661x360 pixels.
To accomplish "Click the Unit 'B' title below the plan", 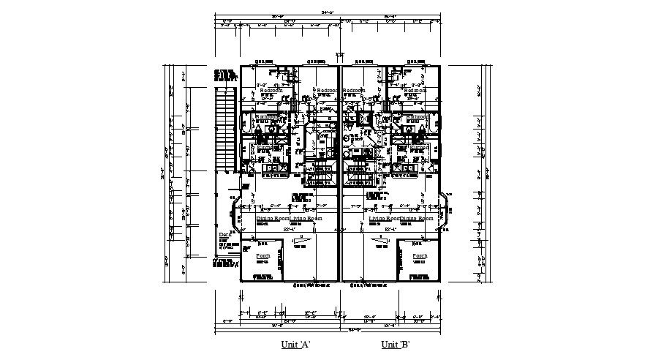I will pos(395,344).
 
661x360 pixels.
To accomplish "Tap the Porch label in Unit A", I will pos(262,255).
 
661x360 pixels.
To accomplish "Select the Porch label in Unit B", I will pos(420,255).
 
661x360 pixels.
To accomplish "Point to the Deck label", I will pos(225,235).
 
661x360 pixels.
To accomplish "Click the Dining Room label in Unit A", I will pos(272,218).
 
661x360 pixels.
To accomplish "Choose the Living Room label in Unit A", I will pos(306,218).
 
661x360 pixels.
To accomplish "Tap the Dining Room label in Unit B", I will pos(418,218).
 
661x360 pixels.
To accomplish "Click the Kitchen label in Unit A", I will pos(265,146).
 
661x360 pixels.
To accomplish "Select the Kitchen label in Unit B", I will pos(419,146).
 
